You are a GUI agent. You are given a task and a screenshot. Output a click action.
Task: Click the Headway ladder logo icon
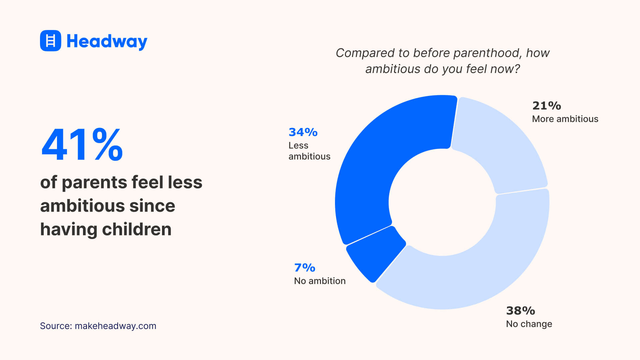[x=50, y=41]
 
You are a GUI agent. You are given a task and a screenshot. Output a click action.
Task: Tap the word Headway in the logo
[x=107, y=41]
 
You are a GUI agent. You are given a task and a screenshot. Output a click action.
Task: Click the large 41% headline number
[x=82, y=145]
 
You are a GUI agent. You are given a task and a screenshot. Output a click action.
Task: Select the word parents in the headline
[x=94, y=183]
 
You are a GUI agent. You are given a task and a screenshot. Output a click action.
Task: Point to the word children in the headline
[x=137, y=229]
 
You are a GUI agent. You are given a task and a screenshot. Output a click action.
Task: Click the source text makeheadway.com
[x=115, y=326]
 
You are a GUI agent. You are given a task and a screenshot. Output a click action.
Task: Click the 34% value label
[x=303, y=132]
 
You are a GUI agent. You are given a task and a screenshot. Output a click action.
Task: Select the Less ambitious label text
[x=309, y=151]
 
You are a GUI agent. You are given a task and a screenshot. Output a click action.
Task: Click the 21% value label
[x=546, y=106]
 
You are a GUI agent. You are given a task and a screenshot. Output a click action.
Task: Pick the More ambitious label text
[x=565, y=119]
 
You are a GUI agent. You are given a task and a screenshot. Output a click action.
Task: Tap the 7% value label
[x=304, y=268]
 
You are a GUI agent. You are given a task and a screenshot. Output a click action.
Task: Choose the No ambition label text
[x=319, y=281]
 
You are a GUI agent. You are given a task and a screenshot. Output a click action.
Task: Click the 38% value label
[x=520, y=311]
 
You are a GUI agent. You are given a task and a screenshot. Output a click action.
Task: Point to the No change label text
[x=529, y=324]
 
